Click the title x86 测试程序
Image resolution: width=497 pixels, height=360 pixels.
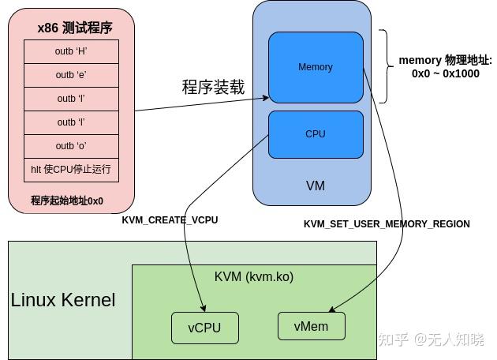[75, 28]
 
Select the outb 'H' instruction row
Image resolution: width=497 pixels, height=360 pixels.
[71, 51]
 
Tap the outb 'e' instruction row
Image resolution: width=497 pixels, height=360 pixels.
[71, 75]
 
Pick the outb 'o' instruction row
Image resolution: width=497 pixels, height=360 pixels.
[71, 146]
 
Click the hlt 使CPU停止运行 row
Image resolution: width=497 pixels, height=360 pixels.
[71, 170]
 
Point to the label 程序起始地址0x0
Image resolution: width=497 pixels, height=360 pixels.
[67, 201]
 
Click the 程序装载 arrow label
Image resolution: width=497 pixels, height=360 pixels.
[213, 87]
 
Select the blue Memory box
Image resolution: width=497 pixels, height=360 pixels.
[316, 67]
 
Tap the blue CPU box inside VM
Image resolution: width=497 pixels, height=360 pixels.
[316, 134]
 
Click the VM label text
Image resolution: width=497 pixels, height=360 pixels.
[315, 186]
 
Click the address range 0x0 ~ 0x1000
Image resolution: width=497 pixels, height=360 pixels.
[445, 73]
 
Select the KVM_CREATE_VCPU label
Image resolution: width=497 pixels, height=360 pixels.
[170, 220]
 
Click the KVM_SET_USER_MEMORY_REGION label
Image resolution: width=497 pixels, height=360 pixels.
[387, 224]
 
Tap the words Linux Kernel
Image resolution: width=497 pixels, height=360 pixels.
[63, 300]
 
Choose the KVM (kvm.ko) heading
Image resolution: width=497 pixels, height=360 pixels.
[254, 277]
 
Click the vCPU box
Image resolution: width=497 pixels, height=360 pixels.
[204, 328]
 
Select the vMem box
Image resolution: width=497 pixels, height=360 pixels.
[311, 325]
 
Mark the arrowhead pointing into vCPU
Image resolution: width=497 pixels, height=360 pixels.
[204, 309]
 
